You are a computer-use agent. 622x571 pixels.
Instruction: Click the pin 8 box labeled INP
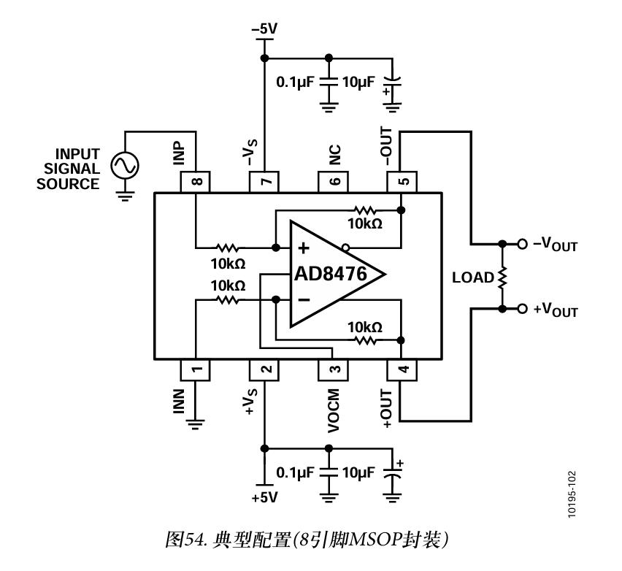[196, 180]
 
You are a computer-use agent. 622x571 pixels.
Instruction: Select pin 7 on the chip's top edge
[264, 180]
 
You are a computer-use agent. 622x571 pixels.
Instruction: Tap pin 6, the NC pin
[333, 180]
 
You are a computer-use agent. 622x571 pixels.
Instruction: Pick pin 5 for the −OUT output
[402, 180]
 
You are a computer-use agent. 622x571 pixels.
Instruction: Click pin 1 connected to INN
[196, 369]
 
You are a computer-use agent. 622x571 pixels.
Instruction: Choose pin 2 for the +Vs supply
[264, 369]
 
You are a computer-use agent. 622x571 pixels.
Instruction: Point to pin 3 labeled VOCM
[333, 369]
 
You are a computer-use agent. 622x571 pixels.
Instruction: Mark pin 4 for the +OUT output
[402, 369]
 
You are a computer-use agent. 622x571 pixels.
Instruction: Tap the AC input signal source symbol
[124, 166]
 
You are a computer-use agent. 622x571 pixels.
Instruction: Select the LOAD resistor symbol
[502, 277]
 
